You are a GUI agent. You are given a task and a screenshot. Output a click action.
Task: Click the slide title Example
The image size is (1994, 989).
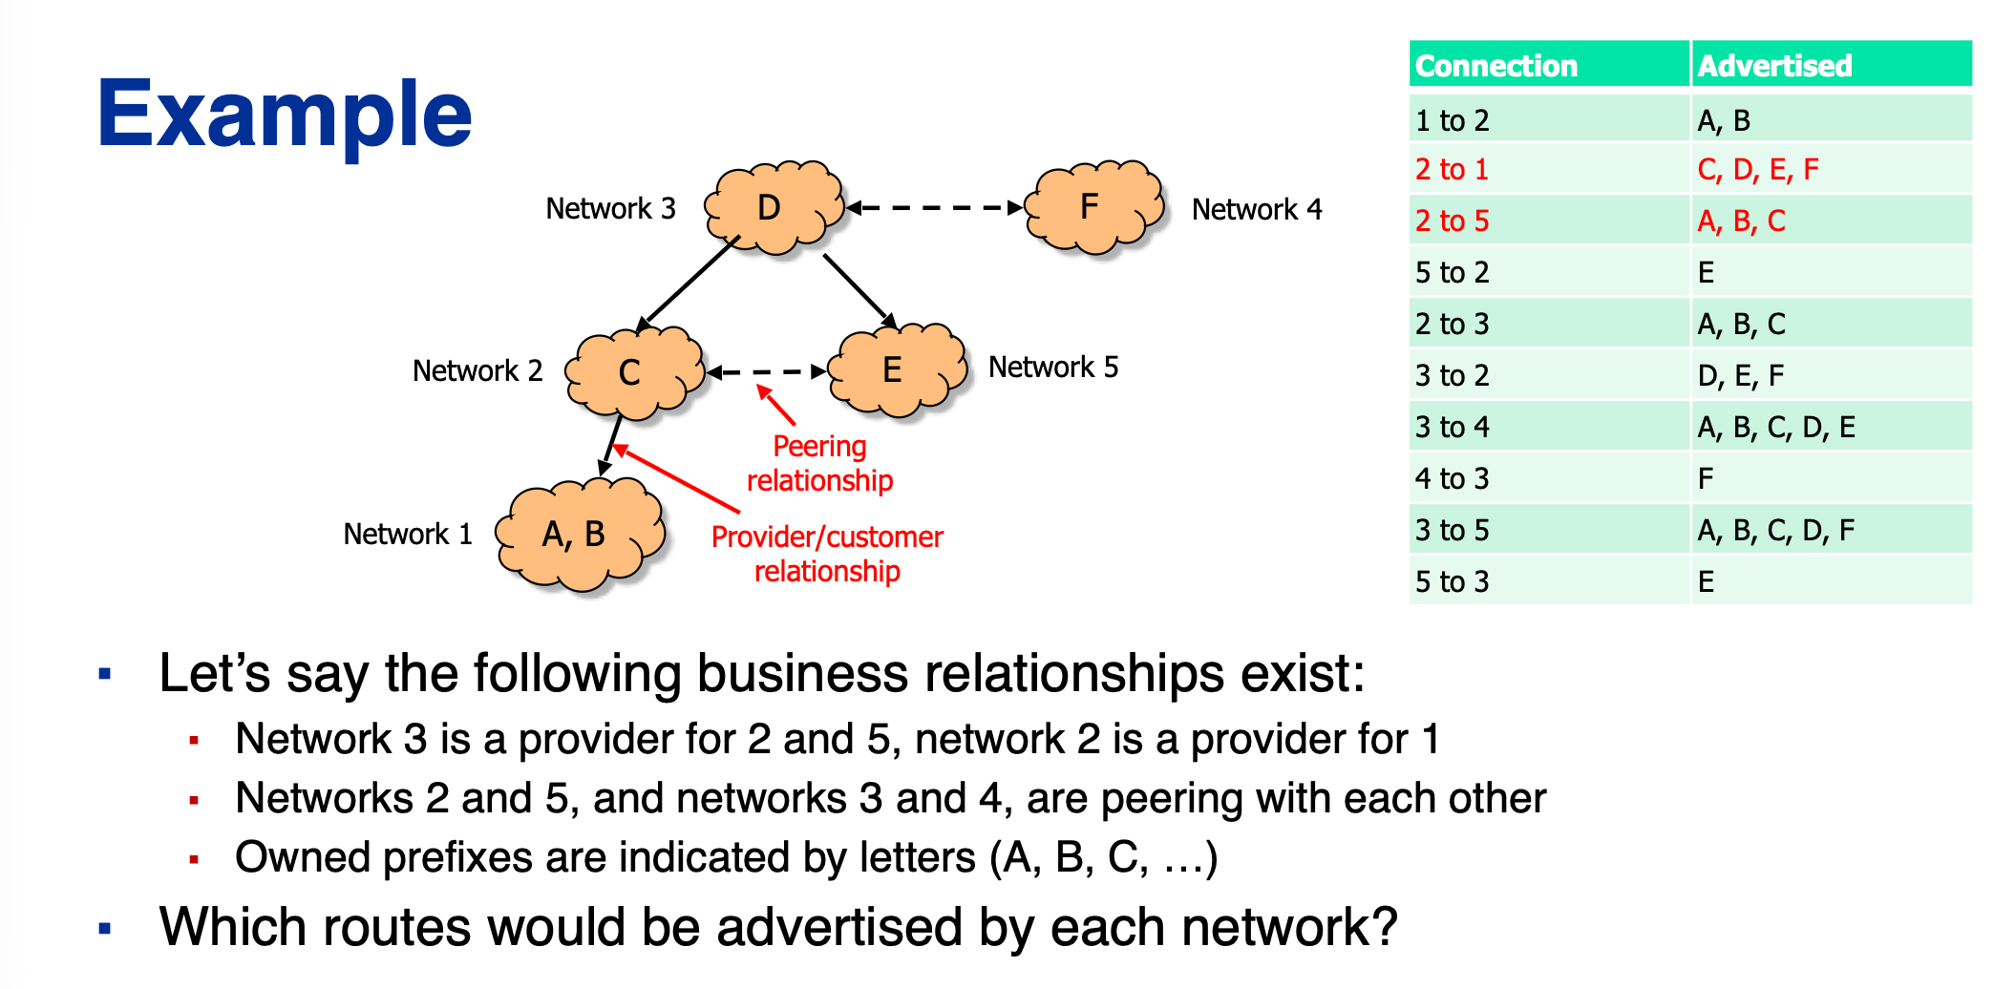pyautogui.click(x=285, y=115)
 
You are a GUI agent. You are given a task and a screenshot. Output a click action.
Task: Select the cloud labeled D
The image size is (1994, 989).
pyautogui.click(x=773, y=207)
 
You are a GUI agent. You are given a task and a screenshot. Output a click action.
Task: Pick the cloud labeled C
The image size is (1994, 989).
pyautogui.click(x=632, y=372)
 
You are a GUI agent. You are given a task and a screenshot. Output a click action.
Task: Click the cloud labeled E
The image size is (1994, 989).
pyautogui.click(x=896, y=370)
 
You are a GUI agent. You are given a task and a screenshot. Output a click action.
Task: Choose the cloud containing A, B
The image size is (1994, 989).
pyautogui.click(x=578, y=535)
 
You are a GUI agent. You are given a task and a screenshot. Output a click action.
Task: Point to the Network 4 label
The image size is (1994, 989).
pyautogui.click(x=1256, y=209)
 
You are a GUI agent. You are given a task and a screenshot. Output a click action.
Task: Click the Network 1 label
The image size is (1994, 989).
pyautogui.click(x=408, y=534)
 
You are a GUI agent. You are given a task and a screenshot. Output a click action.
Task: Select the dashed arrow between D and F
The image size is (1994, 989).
pyautogui.click(x=935, y=207)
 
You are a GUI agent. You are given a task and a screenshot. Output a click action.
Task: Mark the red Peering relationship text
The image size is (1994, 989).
pyautogui.click(x=819, y=463)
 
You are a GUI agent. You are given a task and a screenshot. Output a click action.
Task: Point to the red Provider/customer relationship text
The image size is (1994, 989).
pyautogui.click(x=827, y=554)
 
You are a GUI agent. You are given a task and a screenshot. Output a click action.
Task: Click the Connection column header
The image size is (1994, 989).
pyautogui.click(x=1495, y=66)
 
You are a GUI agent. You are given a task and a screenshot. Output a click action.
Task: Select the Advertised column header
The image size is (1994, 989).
pyautogui.click(x=1774, y=66)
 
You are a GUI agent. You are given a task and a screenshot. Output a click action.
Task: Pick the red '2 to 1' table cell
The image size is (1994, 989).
pyautogui.click(x=1452, y=170)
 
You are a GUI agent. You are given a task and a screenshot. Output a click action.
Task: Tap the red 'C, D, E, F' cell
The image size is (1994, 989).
pyautogui.click(x=1757, y=170)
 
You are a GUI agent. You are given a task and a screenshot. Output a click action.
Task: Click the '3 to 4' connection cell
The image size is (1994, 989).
pyautogui.click(x=1452, y=427)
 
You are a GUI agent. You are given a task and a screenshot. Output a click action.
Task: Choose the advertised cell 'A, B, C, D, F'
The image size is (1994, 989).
pyautogui.click(x=1775, y=530)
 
